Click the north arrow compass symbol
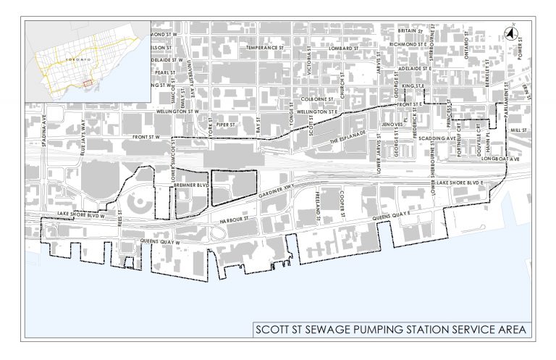click(510, 33)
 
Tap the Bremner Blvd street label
click(191, 186)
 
